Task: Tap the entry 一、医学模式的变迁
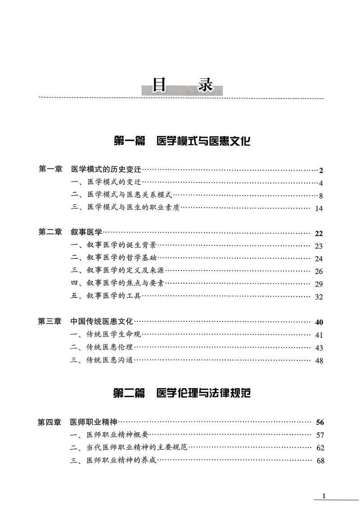107,182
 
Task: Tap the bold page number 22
319,233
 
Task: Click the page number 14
319,208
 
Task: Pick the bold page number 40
319,322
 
